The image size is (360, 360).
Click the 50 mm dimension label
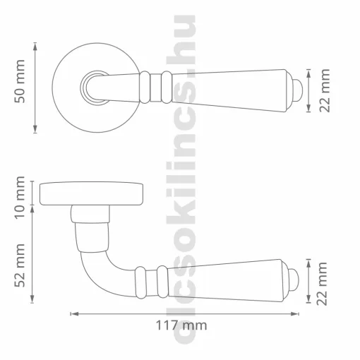click(20, 81)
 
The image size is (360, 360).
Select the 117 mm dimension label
click(181, 325)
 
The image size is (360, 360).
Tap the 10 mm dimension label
click(20, 198)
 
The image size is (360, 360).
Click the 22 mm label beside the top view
click(325, 90)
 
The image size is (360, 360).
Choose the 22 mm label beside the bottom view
click(322, 284)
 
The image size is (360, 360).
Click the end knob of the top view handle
click(296, 90)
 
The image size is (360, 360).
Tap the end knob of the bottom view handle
click(293, 280)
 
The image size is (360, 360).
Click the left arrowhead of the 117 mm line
click(75, 314)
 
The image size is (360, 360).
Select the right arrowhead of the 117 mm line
click(294, 314)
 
